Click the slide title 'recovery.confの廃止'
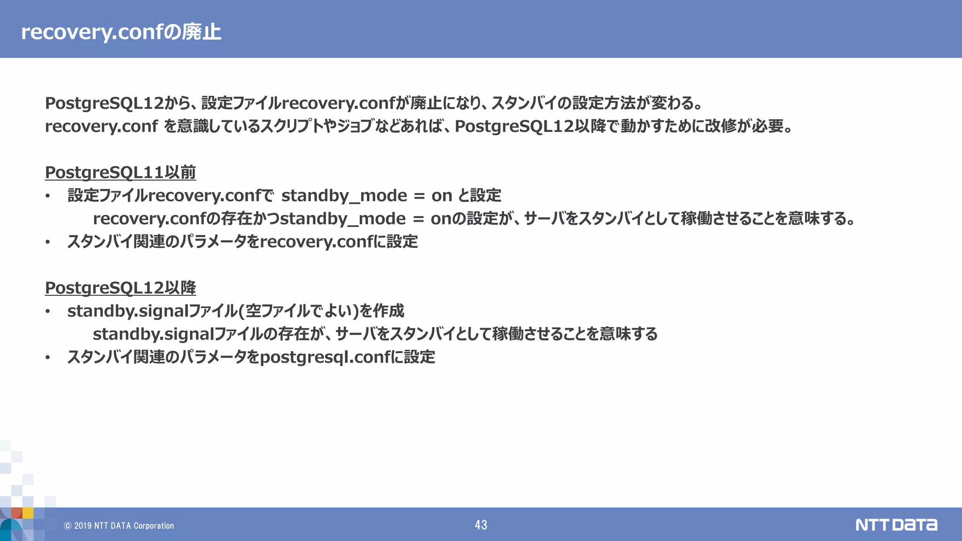(121, 32)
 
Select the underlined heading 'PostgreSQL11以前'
(120, 172)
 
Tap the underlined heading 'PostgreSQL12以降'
(120, 288)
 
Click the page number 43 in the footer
(481, 525)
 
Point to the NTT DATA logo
(896, 525)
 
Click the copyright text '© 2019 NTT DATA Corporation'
(119, 526)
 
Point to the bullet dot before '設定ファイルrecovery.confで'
(47, 196)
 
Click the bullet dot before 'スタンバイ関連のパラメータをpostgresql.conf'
(47, 358)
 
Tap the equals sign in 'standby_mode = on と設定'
(419, 196)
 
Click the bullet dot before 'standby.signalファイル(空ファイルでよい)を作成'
(47, 312)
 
